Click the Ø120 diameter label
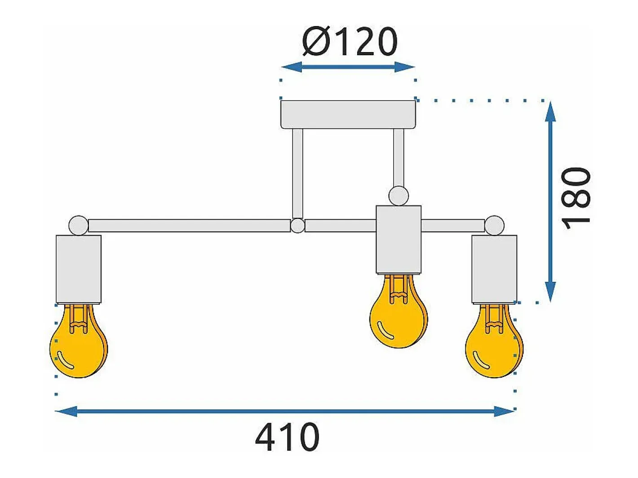(350, 41)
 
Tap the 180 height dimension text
(576, 198)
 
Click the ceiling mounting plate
(348, 114)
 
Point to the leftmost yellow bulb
(79, 341)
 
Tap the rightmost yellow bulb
(494, 341)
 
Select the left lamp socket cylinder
(79, 269)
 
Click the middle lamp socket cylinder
(399, 240)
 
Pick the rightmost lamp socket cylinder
(494, 269)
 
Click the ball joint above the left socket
(79, 225)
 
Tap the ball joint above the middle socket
(399, 196)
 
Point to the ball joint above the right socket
(494, 225)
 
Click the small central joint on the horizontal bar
(297, 226)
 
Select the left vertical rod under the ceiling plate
(297, 174)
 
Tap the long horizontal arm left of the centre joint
(189, 226)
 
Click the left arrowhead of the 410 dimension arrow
(66, 411)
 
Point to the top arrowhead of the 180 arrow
(550, 112)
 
